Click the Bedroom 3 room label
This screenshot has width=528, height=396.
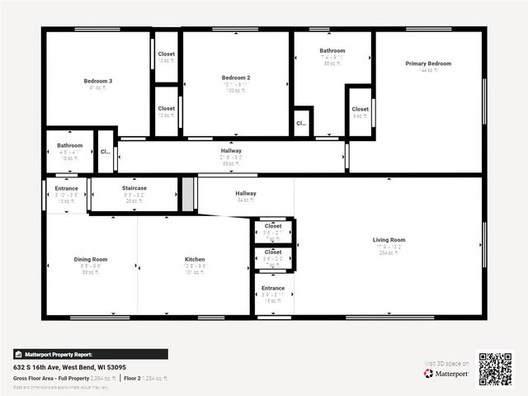point(97,81)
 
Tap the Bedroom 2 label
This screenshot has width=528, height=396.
point(236,78)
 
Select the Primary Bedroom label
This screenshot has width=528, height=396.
point(428,64)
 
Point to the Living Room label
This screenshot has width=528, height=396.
point(389,240)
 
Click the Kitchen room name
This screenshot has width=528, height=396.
point(195,259)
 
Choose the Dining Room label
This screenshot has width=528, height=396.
point(91,259)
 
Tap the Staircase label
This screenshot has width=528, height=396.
point(134,188)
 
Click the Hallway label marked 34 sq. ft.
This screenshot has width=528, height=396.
point(245,193)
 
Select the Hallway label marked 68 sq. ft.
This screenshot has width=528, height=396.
point(231,151)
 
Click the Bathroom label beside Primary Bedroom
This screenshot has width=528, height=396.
point(332,50)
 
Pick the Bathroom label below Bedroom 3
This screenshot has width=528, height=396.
point(69,145)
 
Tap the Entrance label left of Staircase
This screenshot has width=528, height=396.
point(66,188)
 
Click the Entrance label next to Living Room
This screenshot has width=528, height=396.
point(273,288)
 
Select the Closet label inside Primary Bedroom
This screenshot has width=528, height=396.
point(360,109)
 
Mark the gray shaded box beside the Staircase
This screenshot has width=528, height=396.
point(187,195)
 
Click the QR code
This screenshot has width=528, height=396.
point(495,369)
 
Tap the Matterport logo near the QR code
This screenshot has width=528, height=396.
point(446,373)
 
